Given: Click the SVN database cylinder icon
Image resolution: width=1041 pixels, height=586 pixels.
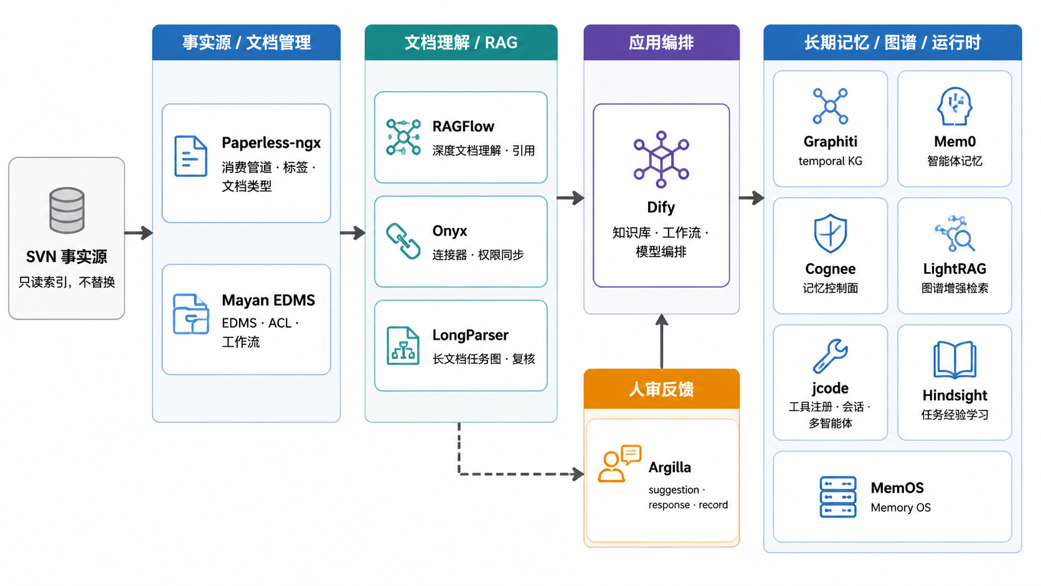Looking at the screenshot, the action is point(67,210).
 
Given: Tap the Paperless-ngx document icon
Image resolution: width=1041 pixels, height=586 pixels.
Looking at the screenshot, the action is point(191,156).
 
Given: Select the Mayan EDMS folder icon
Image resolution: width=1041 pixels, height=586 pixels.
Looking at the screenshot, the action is point(191,314).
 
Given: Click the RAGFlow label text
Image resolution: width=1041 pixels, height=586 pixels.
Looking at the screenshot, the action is point(463,126).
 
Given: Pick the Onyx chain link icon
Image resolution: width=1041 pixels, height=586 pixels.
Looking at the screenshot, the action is point(403,241).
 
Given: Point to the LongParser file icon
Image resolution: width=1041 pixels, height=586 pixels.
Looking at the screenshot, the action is point(403,346).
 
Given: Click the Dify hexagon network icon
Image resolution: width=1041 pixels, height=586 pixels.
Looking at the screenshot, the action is point(661,159).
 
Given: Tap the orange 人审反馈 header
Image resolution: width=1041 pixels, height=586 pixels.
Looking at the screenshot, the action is point(661,389).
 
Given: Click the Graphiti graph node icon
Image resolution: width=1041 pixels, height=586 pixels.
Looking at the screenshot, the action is point(830,106).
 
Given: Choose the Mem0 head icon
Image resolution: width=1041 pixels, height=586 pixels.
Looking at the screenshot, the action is point(954,106).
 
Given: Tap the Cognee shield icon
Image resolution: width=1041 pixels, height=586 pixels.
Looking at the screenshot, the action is point(830,234).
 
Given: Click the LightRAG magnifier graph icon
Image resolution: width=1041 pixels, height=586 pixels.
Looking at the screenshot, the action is point(954,234).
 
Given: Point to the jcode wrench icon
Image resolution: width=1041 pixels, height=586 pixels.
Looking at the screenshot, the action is point(830,356).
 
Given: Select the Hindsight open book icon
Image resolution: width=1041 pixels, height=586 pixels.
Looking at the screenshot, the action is point(954,360).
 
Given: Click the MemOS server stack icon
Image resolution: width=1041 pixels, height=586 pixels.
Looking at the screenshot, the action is point(838,497).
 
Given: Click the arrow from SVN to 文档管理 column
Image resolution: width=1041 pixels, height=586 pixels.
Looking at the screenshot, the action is point(138,232).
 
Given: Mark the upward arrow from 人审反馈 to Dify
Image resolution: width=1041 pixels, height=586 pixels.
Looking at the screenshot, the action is point(662,341).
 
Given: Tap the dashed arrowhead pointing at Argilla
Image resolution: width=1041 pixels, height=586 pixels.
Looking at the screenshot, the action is point(578,474).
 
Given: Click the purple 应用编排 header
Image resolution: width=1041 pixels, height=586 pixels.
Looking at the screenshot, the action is point(661,42).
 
